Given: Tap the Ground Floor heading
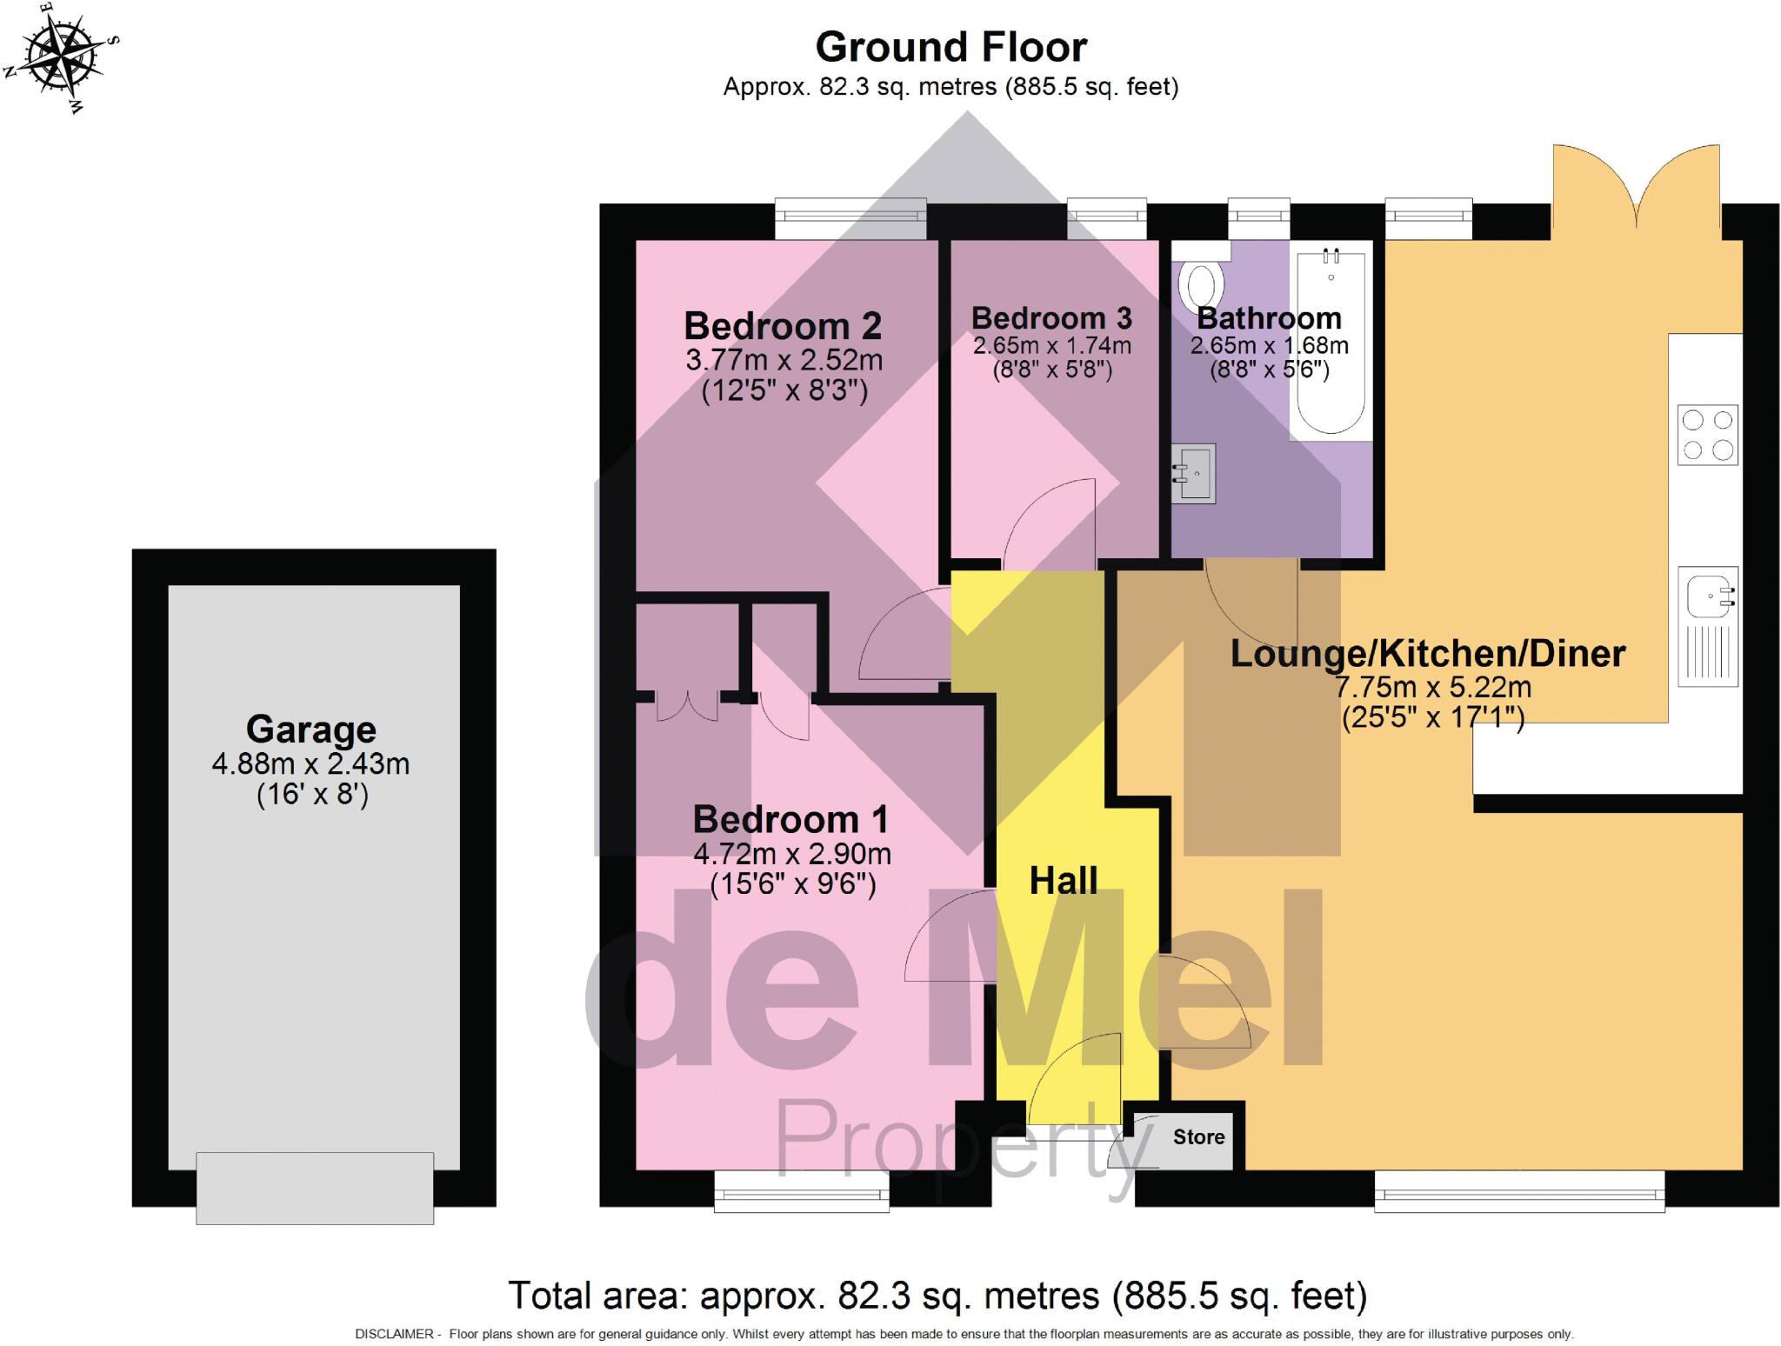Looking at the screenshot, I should [x=951, y=47].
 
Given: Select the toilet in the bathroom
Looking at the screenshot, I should [x=1201, y=283].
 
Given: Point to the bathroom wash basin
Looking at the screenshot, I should [x=1194, y=473].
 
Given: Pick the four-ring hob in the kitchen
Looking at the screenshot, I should [x=1707, y=435].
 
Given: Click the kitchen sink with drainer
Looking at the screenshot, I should [x=1708, y=626].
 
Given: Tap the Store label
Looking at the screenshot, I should [x=1198, y=1136].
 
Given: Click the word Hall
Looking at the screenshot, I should [x=1063, y=881].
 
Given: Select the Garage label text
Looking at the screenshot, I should [x=310, y=729].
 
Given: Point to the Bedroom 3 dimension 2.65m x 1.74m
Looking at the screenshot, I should [x=1051, y=345].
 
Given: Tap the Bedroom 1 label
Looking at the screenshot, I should [x=790, y=819].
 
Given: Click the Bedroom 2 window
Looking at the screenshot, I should [x=850, y=218].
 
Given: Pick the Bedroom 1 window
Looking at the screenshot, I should [x=801, y=1190].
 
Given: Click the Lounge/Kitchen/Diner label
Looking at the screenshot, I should [x=1427, y=654].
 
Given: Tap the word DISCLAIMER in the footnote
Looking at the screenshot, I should [x=393, y=1334].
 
